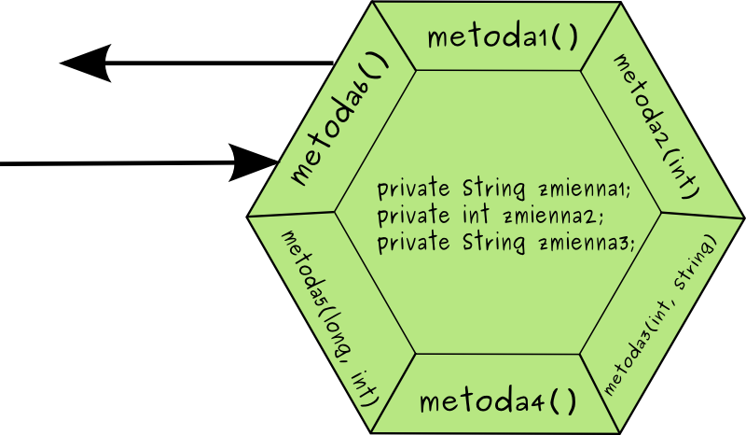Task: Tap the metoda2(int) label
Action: [656, 126]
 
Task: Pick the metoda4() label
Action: [498, 402]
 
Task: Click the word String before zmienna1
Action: [495, 189]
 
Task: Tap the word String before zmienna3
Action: [495, 243]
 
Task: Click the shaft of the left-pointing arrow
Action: [224, 63]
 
